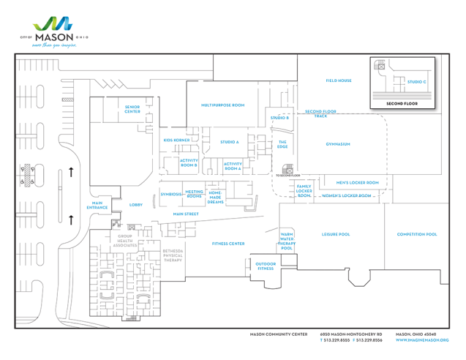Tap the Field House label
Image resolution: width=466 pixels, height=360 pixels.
coord(339,80)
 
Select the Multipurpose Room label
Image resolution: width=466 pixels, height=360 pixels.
coord(222,105)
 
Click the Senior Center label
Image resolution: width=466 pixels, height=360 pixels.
coord(132,109)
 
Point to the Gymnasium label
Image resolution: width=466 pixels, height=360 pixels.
coord(338,144)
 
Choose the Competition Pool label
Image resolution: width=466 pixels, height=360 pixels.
coord(417,234)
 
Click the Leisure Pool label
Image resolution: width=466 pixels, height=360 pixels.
coord(336,234)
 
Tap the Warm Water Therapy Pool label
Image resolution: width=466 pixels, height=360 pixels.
coord(287,241)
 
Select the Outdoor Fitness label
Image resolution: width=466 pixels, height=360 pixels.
coord(266,266)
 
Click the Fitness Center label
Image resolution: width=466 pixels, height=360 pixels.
coord(228,244)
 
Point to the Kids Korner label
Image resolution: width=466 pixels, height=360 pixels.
coord(177,140)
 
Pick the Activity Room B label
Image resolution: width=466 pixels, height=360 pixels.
coord(189,163)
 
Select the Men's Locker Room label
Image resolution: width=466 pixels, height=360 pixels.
coord(357,182)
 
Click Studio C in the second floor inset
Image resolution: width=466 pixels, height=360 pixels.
coord(416,81)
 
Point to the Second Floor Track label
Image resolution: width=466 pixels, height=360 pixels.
coord(320,113)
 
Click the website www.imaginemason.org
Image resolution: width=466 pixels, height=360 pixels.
coord(422,340)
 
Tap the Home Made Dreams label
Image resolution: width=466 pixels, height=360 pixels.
coord(215,197)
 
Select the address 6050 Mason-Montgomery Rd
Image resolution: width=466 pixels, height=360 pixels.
coord(351,334)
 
